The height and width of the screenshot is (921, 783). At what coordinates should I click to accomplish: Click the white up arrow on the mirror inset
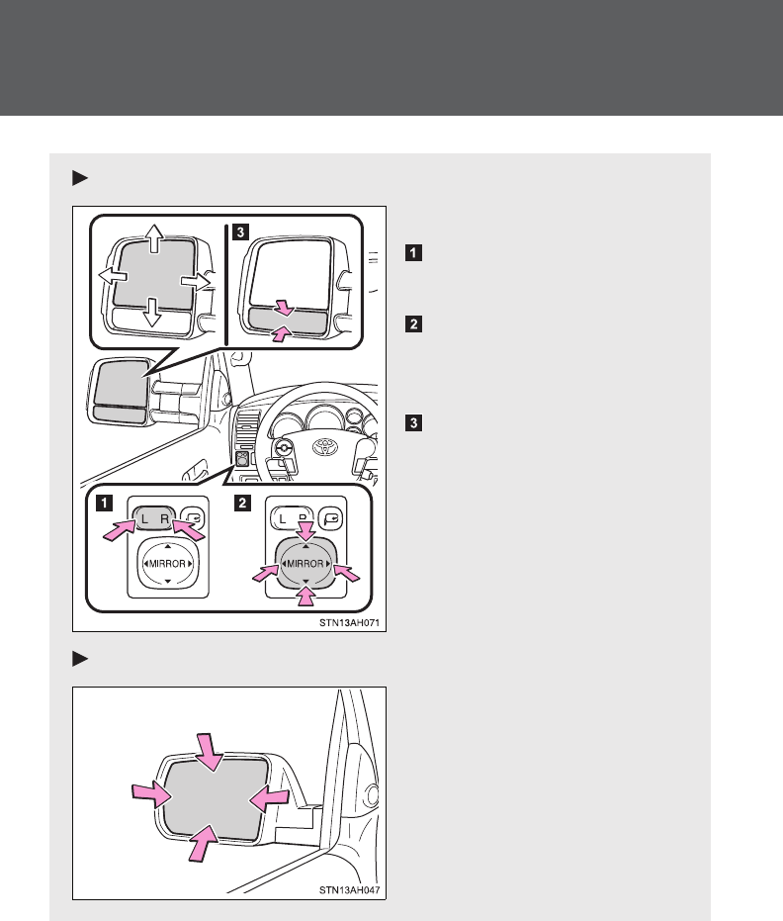tap(153, 237)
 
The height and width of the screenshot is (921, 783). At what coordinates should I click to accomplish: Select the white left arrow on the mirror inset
tap(111, 280)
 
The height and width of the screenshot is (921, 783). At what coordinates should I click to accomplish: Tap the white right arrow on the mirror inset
tap(196, 281)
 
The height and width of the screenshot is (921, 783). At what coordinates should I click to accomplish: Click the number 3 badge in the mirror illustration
tap(240, 233)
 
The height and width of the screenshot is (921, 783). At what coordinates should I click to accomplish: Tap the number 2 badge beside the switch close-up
tap(240, 503)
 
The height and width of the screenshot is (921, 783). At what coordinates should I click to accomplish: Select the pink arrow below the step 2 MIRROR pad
tap(305, 598)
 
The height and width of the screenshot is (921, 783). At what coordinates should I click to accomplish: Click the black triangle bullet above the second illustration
tap(80, 658)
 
